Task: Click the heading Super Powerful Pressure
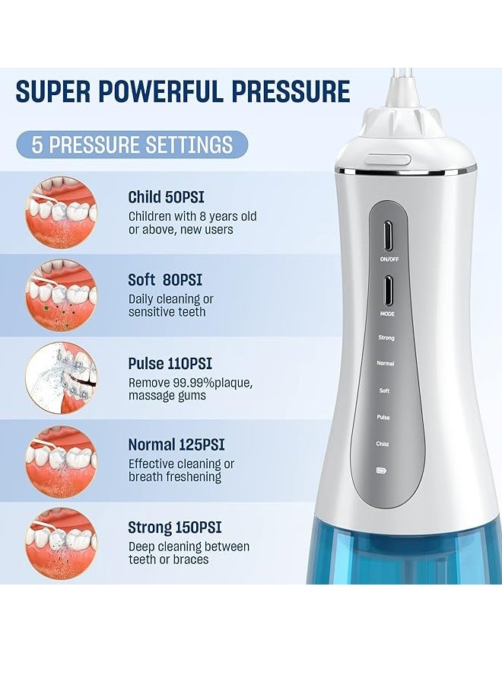(183, 91)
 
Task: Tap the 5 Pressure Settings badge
(132, 145)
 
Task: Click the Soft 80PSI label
(165, 280)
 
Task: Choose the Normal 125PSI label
(176, 444)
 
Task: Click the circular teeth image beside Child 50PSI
(61, 212)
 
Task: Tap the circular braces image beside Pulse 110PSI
(61, 378)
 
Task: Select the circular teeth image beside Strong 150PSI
(61, 543)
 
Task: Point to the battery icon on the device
(382, 470)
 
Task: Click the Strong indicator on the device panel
(386, 337)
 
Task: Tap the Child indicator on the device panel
(383, 443)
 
